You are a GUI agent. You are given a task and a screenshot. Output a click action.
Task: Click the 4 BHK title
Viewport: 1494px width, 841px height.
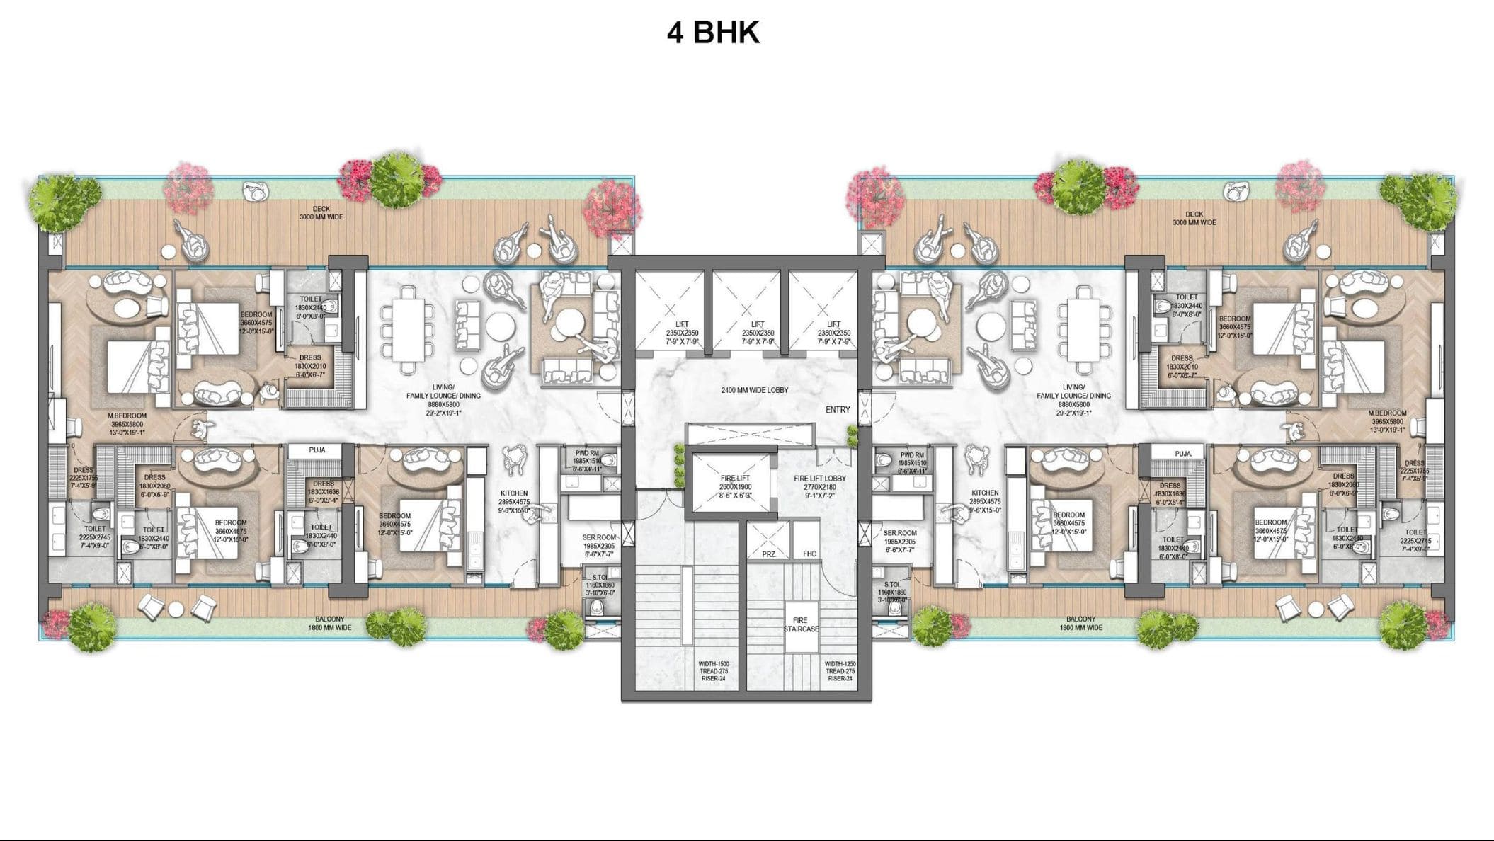point(713,33)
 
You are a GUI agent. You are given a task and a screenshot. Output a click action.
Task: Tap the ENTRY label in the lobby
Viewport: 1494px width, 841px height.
point(838,410)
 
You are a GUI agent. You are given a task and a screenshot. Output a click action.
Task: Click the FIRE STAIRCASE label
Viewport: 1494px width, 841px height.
point(801,624)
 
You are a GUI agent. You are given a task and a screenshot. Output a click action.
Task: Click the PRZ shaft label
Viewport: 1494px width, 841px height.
point(768,554)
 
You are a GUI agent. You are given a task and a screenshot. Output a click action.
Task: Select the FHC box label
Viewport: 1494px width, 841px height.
point(809,554)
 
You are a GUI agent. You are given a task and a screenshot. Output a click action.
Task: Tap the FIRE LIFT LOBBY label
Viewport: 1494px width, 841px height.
point(820,479)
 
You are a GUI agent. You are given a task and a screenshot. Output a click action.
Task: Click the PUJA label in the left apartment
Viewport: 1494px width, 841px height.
point(317,450)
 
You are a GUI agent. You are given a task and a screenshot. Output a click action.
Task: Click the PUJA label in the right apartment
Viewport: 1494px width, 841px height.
point(1182,454)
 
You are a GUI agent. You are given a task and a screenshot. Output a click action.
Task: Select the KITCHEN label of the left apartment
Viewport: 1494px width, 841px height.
point(514,493)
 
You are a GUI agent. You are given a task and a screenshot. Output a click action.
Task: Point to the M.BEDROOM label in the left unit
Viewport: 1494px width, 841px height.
point(127,416)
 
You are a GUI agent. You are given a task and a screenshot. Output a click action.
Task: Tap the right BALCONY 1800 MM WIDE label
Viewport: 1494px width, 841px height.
point(1080,623)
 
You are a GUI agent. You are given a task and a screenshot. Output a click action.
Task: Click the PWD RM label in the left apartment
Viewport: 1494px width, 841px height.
point(588,453)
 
